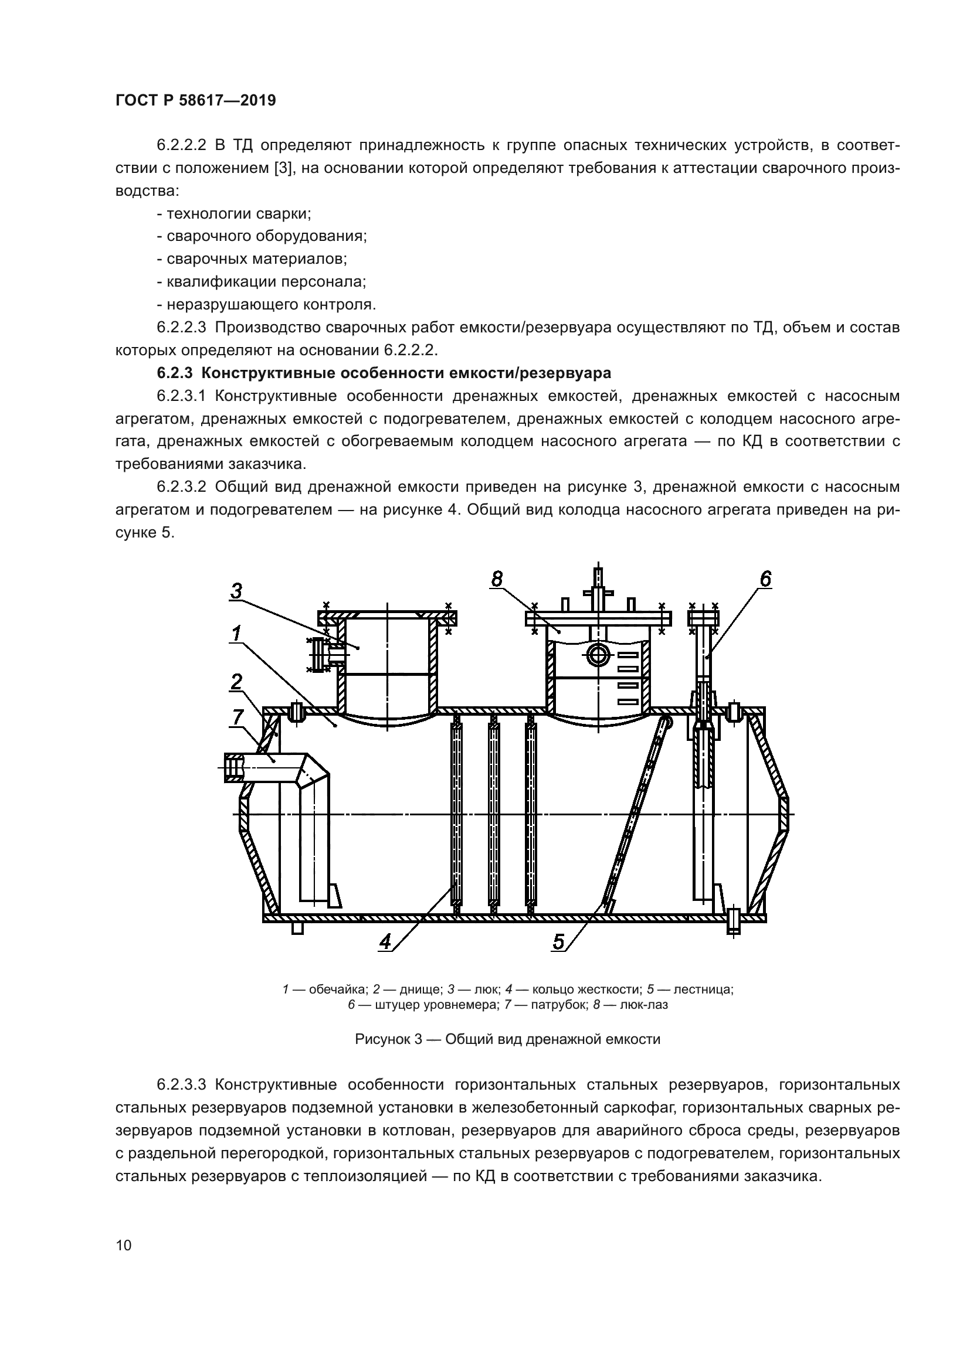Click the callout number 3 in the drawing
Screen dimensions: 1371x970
(x=236, y=591)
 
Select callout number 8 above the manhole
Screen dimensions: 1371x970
(x=497, y=579)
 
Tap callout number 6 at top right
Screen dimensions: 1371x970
(x=765, y=579)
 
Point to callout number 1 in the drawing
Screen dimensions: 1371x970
(x=236, y=633)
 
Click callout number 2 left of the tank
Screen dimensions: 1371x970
(x=236, y=681)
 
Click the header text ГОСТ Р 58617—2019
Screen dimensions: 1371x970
(x=195, y=100)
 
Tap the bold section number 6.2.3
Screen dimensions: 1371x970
(x=175, y=373)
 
